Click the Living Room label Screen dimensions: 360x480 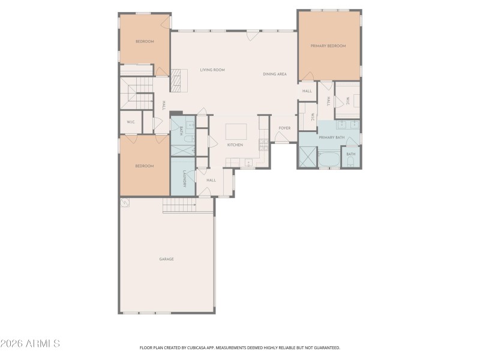[212, 70]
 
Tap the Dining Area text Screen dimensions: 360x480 [275, 74]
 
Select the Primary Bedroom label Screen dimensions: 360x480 [328, 46]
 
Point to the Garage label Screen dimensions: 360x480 [166, 259]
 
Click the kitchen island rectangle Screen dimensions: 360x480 [236, 131]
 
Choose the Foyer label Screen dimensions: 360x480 [284, 128]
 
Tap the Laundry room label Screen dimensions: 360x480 [184, 178]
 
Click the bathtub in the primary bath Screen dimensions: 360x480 [328, 160]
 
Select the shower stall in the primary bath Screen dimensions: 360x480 [308, 158]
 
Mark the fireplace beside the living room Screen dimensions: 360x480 [175, 80]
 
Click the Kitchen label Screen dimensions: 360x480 [235, 145]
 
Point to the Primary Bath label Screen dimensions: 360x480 [332, 138]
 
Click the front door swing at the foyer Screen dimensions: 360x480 [281, 137]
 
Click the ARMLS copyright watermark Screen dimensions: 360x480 [30, 344]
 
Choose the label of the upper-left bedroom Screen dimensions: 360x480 [145, 41]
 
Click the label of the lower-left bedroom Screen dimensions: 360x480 [144, 166]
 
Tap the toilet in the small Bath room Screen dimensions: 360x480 [351, 161]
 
